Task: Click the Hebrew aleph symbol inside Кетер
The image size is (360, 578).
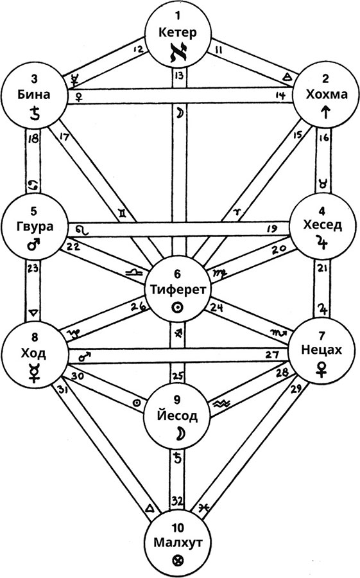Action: (x=178, y=53)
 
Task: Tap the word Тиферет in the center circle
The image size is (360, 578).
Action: (x=178, y=290)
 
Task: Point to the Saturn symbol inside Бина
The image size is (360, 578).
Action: (x=34, y=112)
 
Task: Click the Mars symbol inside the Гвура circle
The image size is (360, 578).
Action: (x=34, y=243)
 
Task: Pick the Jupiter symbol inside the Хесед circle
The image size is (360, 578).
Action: (x=322, y=241)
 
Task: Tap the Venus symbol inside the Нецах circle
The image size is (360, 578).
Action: (x=321, y=369)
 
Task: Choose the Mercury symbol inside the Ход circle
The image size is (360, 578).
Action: (x=34, y=372)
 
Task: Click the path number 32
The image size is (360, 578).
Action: (x=178, y=501)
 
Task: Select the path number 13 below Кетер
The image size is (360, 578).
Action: (x=179, y=76)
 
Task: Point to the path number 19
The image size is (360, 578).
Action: (x=272, y=229)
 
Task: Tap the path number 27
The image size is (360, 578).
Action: (x=272, y=355)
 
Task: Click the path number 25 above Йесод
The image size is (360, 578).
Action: (x=178, y=376)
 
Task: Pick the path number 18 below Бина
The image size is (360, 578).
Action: (x=33, y=139)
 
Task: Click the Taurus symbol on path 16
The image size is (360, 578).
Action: (x=323, y=182)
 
